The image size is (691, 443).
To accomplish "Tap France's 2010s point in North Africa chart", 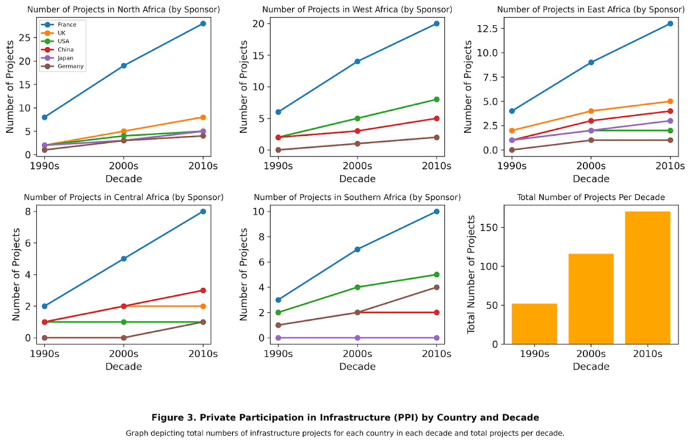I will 202,24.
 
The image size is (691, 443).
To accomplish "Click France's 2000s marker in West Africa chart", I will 357,61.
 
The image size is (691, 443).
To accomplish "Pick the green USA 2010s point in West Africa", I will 436,99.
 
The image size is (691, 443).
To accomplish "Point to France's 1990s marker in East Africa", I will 512,111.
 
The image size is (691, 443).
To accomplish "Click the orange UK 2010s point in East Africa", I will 669,101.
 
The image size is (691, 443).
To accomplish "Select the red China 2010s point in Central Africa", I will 202,290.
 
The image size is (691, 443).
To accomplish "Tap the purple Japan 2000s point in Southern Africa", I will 357,338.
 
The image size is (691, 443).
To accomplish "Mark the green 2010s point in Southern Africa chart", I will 436,275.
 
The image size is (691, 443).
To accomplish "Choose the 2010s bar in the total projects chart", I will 647,278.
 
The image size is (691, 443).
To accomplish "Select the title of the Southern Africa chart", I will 357,197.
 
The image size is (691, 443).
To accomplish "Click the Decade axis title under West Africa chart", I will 357,179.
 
